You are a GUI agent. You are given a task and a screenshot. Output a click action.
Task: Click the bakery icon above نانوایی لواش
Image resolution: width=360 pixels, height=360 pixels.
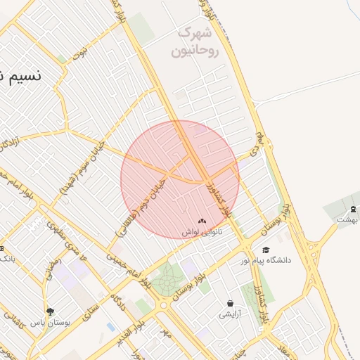click(202, 220)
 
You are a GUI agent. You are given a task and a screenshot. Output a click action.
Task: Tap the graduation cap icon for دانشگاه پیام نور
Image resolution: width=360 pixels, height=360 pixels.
click(265, 250)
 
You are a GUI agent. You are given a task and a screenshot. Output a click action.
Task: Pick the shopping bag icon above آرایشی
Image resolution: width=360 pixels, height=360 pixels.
click(230, 303)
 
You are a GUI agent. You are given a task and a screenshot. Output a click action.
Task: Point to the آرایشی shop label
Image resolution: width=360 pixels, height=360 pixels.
click(230, 314)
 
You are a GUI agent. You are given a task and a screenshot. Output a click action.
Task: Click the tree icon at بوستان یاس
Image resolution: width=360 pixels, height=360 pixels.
click(49, 311)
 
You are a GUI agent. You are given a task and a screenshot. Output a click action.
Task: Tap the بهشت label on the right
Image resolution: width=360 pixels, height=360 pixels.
click(347, 219)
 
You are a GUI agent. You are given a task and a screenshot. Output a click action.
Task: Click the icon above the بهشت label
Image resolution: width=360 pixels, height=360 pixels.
click(353, 209)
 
